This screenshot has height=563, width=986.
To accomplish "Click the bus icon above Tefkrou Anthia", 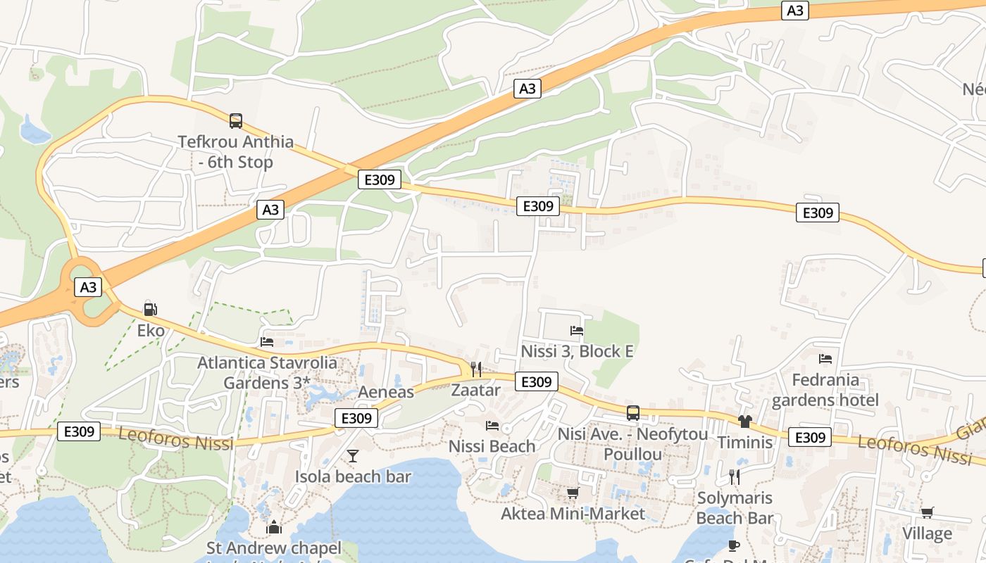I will (x=235, y=121).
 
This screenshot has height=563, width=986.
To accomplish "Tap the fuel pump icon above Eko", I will (x=150, y=309).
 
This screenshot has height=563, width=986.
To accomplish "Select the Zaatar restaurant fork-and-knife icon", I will (x=476, y=369).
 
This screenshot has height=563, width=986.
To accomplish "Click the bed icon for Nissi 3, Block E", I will (x=577, y=330).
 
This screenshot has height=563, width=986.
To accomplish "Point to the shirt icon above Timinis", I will (x=745, y=422).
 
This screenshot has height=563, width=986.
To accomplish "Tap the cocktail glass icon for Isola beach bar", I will (x=353, y=456).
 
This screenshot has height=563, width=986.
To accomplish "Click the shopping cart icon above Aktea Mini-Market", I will (x=573, y=493).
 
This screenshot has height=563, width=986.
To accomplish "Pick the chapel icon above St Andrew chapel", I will (x=274, y=526).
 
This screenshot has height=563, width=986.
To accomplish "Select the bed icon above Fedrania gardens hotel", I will (x=825, y=359).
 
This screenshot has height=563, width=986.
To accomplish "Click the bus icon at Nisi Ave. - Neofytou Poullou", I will (x=632, y=413).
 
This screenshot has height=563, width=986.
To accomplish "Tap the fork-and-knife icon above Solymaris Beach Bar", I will (x=735, y=477).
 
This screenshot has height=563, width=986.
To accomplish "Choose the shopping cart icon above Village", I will (x=927, y=512).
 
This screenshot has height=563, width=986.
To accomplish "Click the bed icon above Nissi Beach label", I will (x=492, y=425).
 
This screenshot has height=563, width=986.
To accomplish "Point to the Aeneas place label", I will (x=386, y=392).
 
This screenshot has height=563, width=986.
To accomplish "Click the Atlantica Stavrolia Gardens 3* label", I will (x=267, y=373).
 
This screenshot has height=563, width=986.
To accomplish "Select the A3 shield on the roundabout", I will (x=88, y=287).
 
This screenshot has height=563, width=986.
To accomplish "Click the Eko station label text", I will (x=151, y=331).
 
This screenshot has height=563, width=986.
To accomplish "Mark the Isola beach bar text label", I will (x=353, y=476).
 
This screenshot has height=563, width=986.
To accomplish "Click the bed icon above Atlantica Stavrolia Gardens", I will (x=267, y=342).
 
